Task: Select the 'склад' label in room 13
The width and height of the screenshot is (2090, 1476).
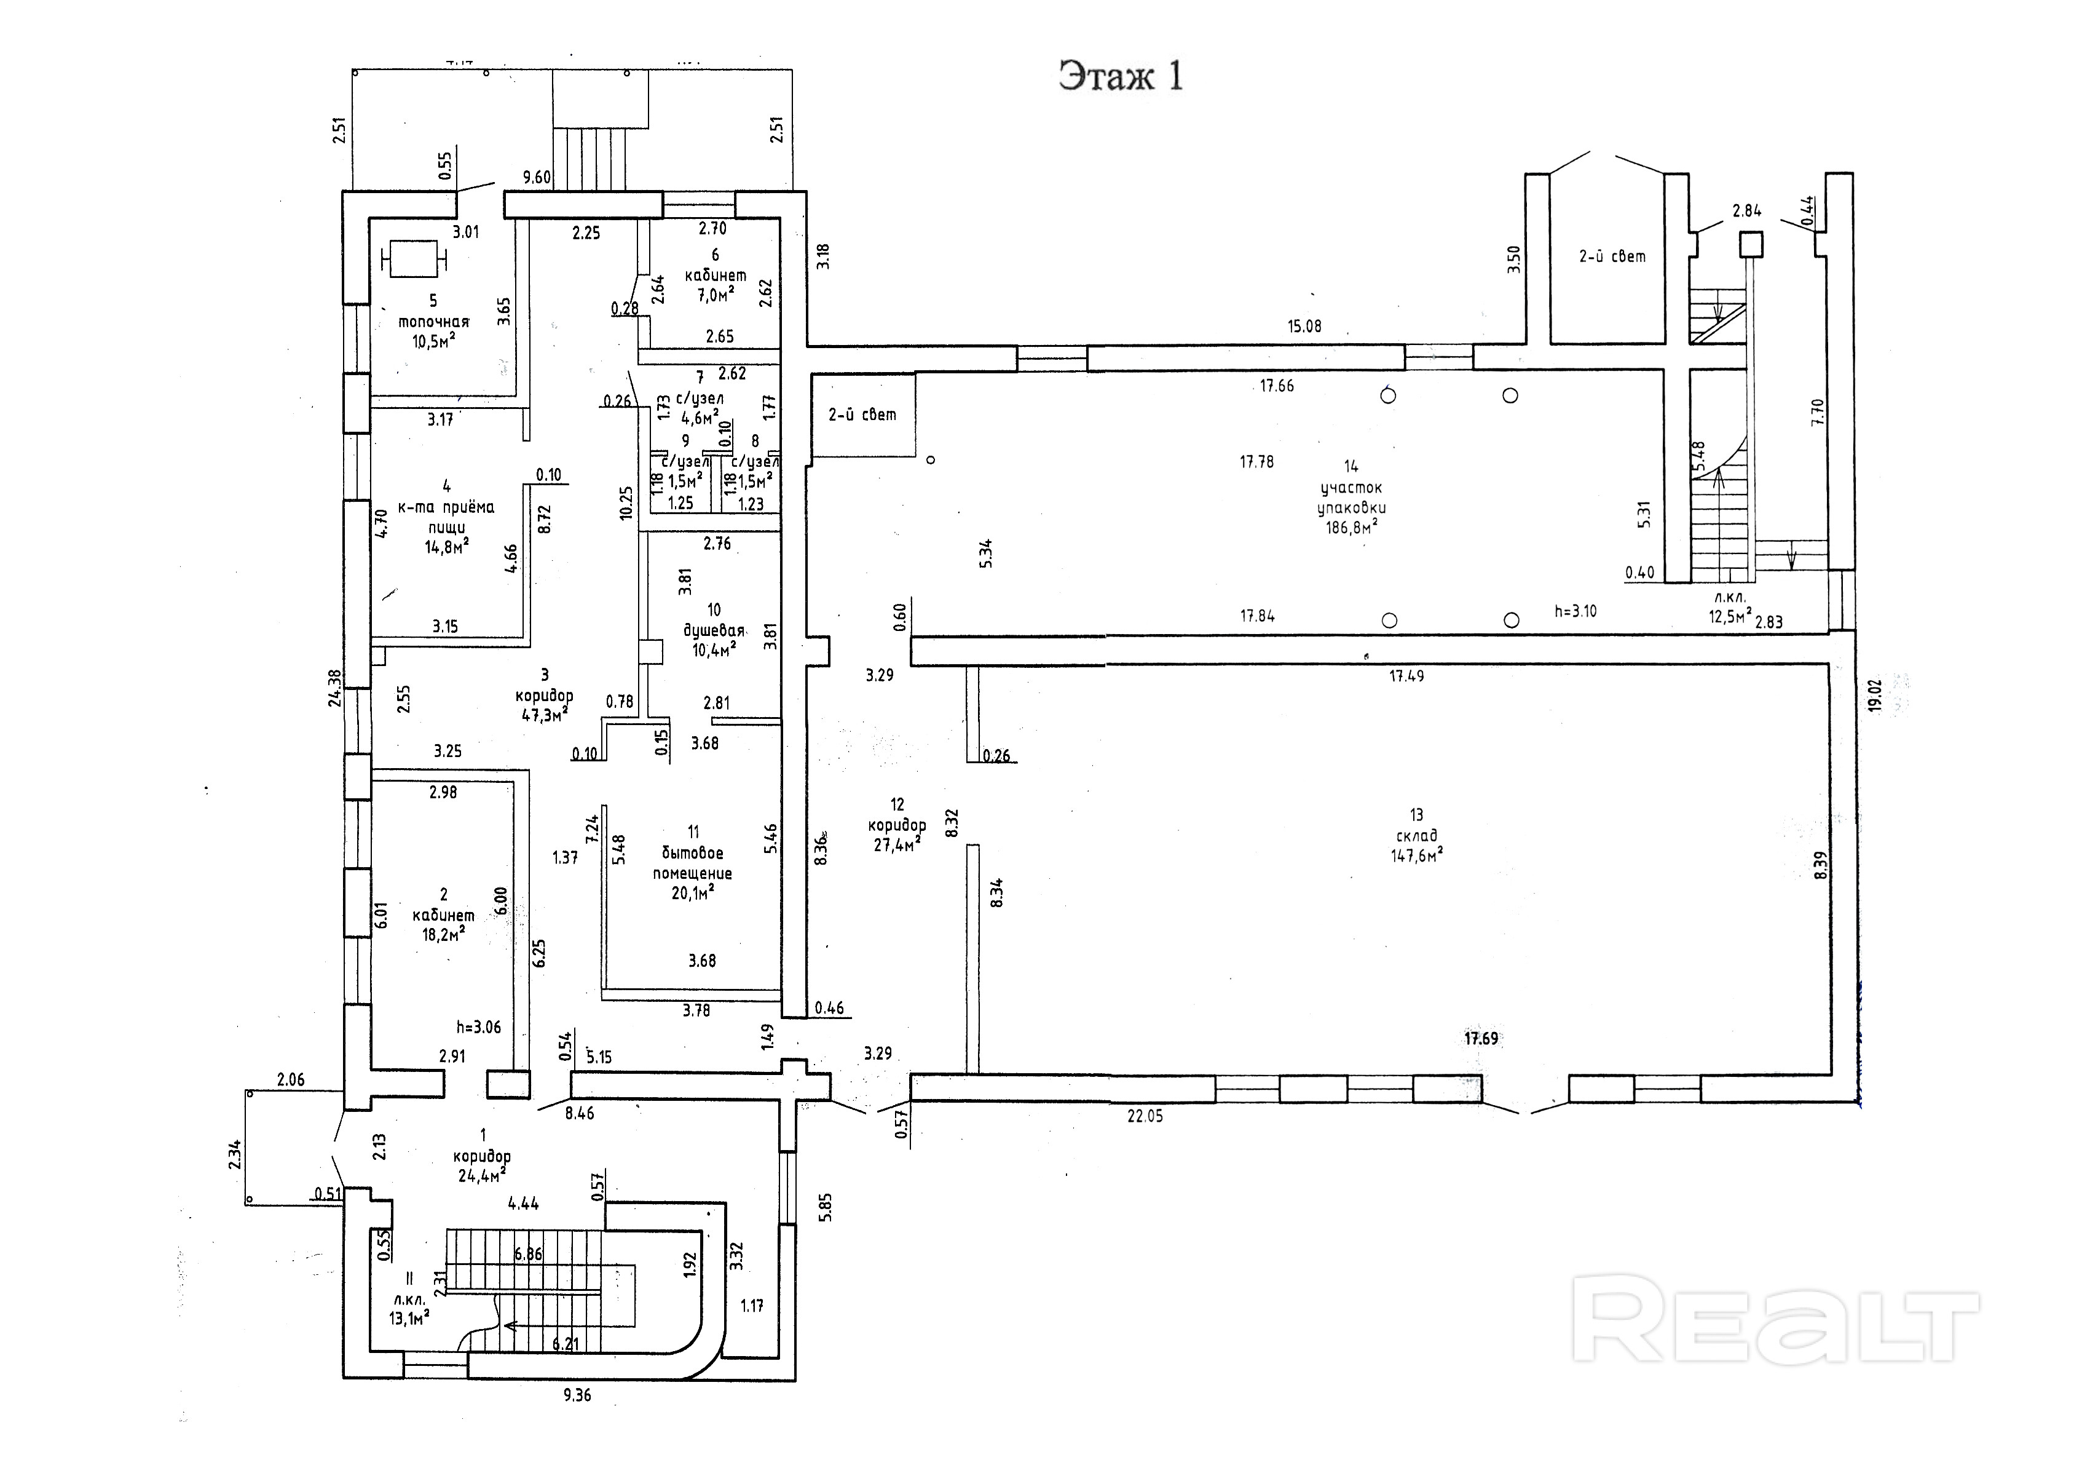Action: (1416, 835)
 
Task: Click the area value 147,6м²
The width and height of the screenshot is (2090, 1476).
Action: (1416, 856)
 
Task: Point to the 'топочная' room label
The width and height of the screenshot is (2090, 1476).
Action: (433, 322)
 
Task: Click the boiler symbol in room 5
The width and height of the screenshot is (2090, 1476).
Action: (415, 258)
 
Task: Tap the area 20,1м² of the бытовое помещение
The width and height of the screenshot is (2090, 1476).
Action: (693, 893)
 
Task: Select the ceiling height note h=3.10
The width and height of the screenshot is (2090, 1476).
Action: (1575, 611)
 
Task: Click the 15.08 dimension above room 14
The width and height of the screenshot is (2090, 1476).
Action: (1304, 326)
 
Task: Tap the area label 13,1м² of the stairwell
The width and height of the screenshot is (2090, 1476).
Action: (409, 1317)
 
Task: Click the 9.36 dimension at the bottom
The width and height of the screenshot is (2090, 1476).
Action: (577, 1395)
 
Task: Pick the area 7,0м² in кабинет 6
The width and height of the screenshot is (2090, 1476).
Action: (714, 295)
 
